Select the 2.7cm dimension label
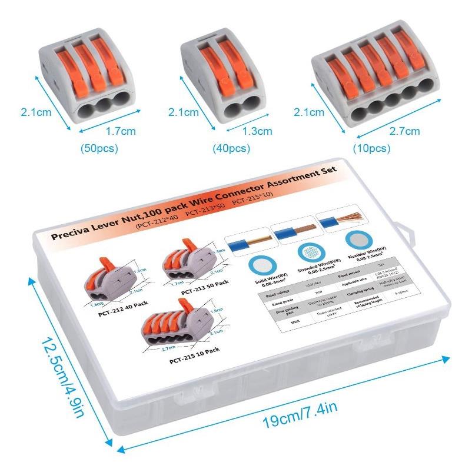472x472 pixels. [x=406, y=131]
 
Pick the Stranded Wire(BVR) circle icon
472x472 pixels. [x=309, y=252]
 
